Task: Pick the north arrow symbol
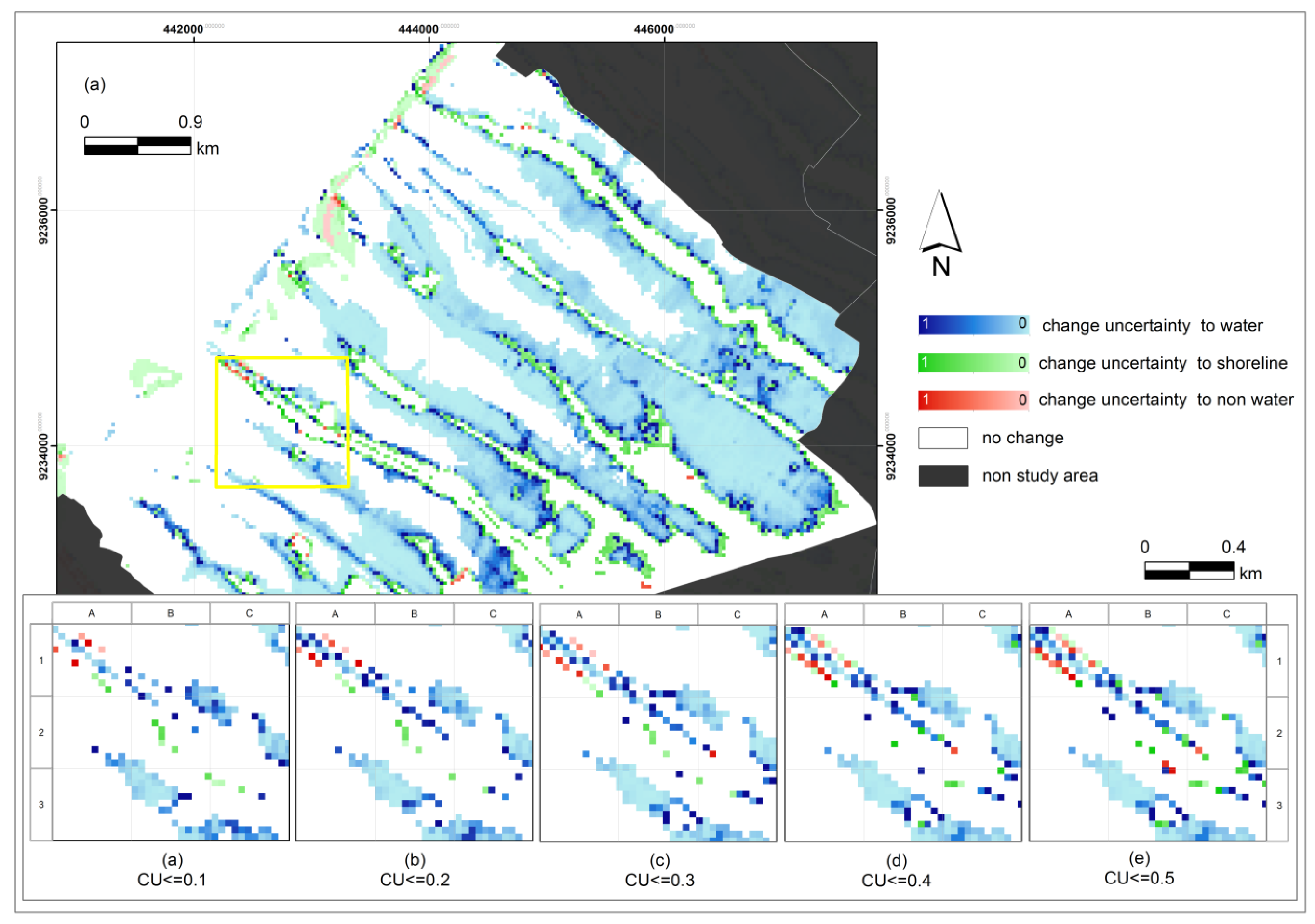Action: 940,232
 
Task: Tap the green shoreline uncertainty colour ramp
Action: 973,363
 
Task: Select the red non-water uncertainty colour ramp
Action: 973,400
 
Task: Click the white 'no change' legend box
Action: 943,438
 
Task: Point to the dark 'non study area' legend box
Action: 943,476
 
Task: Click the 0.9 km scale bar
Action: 137,146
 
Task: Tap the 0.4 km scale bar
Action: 1189,570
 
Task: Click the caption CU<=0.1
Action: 172,879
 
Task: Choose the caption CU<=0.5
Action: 1139,878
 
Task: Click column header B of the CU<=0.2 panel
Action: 414,613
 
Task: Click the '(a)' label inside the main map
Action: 95,85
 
